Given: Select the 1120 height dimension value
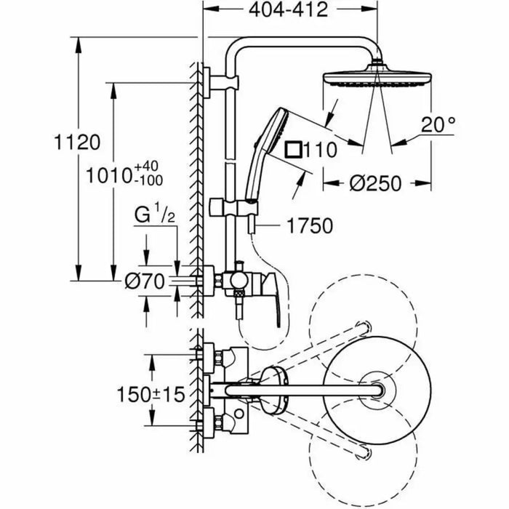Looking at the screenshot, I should pyautogui.click(x=76, y=142).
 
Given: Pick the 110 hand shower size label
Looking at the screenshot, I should pyautogui.click(x=321, y=151).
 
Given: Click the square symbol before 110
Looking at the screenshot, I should pyautogui.click(x=294, y=150).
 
